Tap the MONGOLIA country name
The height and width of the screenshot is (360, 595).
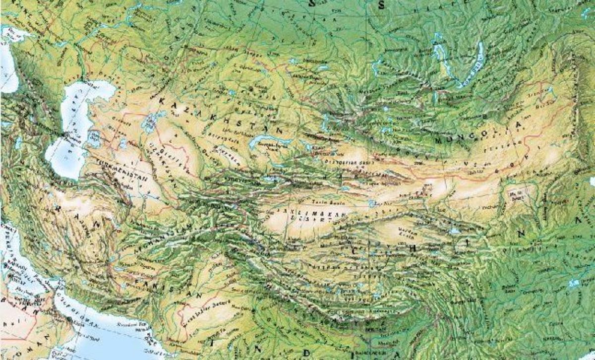pos(479,132)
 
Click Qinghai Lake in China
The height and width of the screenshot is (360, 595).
pos(454,231)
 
